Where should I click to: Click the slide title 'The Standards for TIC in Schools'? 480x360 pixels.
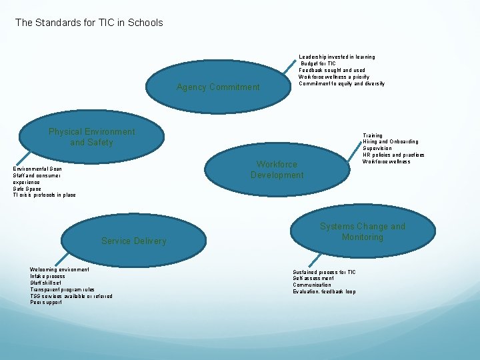(89, 23)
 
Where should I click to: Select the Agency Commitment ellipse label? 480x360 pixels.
(218, 87)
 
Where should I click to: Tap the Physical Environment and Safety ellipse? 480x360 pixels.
(91, 137)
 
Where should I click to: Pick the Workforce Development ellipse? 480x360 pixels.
(277, 169)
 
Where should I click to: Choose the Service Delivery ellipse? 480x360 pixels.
(133, 241)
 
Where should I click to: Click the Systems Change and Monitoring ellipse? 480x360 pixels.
(362, 232)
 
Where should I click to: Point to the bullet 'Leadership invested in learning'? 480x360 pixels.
(337, 57)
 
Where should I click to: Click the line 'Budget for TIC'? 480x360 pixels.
(319, 64)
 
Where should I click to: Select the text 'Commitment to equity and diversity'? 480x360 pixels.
(341, 83)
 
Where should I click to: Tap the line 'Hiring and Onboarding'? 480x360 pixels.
(391, 142)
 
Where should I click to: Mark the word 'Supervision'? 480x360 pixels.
(377, 149)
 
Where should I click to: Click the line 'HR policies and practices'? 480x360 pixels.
(393, 155)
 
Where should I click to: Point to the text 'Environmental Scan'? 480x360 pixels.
(38, 169)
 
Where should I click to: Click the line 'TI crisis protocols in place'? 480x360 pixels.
(45, 195)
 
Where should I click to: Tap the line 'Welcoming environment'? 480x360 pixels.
(59, 269)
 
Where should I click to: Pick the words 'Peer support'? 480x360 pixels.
(46, 302)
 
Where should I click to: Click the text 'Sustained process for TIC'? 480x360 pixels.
(325, 272)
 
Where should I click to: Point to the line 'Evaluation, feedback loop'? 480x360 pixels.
(325, 292)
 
